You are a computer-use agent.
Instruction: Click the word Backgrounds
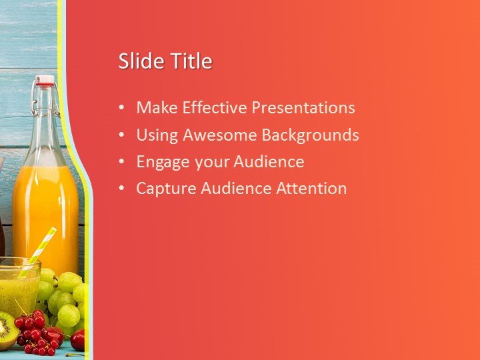310,135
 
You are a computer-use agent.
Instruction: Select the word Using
157,136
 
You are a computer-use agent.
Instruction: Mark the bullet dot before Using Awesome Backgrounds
121,135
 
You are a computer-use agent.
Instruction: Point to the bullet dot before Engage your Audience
121,162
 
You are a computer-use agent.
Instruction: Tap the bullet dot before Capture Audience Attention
121,189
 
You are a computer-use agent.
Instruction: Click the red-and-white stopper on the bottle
45,81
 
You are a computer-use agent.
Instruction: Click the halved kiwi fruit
6,331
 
